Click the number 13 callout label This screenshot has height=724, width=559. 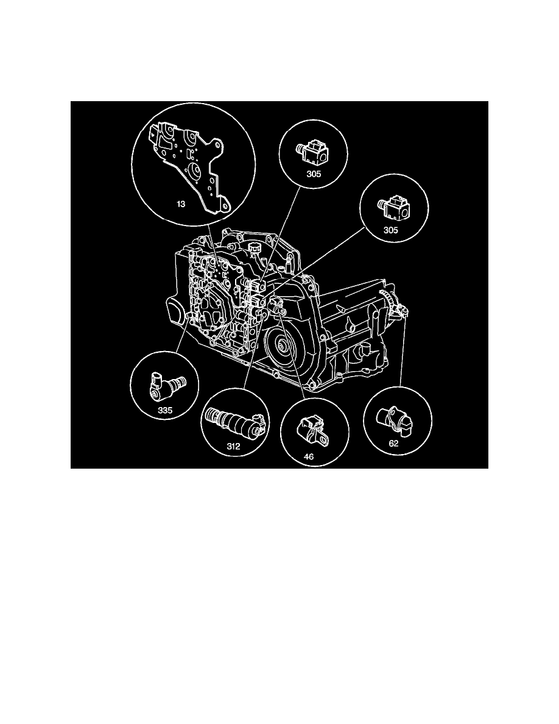(181, 204)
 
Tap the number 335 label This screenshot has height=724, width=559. (166, 411)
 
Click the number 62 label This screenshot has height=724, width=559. (393, 444)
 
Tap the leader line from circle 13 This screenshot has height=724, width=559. (210, 244)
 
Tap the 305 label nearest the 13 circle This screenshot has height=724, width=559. (314, 173)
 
